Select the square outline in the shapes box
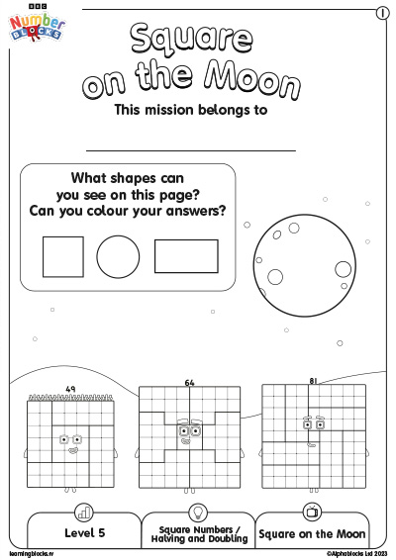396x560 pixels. pos(62,256)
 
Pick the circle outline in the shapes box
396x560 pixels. pos(119,256)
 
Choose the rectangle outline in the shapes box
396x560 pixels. pos(186,255)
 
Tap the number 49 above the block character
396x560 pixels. pos(69,389)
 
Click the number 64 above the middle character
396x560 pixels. pos(189,381)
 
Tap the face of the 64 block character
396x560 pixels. pos(188,433)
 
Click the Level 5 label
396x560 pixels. pos(83,533)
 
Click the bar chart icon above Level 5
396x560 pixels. pos(84,512)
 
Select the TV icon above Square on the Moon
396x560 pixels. pos(312,512)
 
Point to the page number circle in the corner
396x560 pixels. pos(381,13)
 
